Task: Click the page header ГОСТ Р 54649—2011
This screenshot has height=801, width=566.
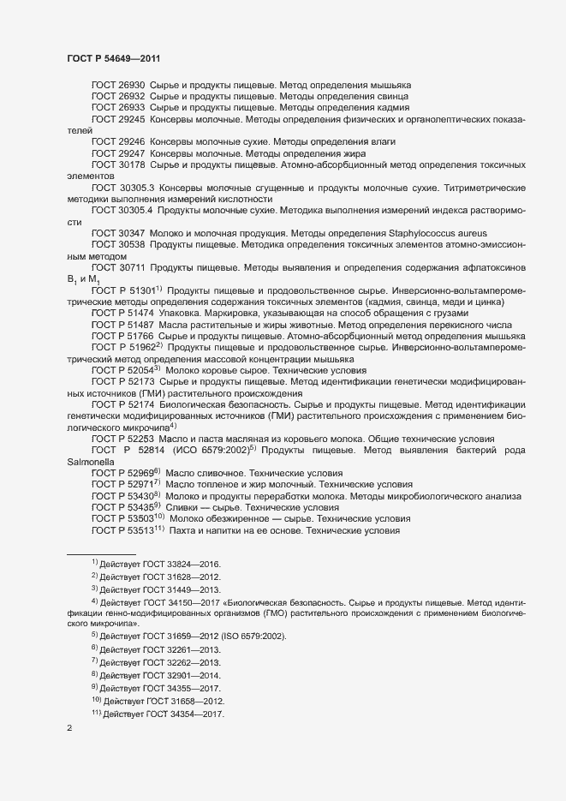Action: pos(112,58)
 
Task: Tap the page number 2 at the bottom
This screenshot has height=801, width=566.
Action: pos(69,730)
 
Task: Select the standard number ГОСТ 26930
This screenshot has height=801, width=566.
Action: pos(117,87)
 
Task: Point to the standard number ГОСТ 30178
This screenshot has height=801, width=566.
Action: pos(117,163)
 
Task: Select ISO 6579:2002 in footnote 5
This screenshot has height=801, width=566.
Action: pos(259,638)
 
